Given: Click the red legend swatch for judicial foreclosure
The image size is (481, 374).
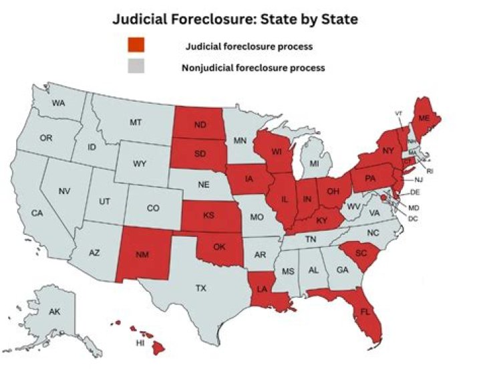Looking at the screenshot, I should click(136, 47).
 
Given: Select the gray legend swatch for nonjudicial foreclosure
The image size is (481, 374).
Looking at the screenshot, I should click(136, 68).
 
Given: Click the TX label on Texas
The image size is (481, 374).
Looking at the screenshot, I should click(200, 288).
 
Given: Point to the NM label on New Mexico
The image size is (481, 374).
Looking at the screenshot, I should click(142, 254).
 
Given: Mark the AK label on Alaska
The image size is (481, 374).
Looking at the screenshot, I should click(55, 312).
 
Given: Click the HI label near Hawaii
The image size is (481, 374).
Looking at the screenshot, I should click(140, 343).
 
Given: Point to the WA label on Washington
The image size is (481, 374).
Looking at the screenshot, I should click(58, 104).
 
